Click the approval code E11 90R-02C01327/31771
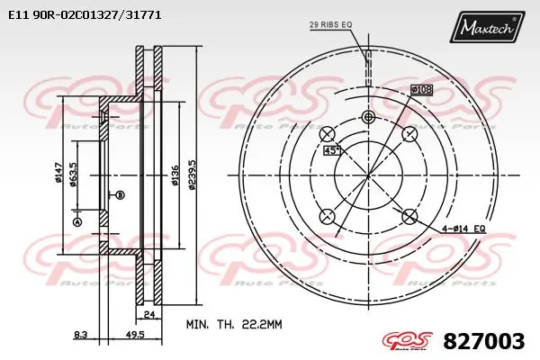point(85,14)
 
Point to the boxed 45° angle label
point(331,150)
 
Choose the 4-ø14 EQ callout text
point(464,229)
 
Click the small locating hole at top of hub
point(368,117)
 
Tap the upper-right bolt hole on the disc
point(409,133)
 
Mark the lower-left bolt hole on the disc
point(328,216)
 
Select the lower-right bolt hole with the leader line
point(409,216)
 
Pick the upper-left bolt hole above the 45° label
point(328,133)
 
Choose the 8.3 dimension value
point(80,334)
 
